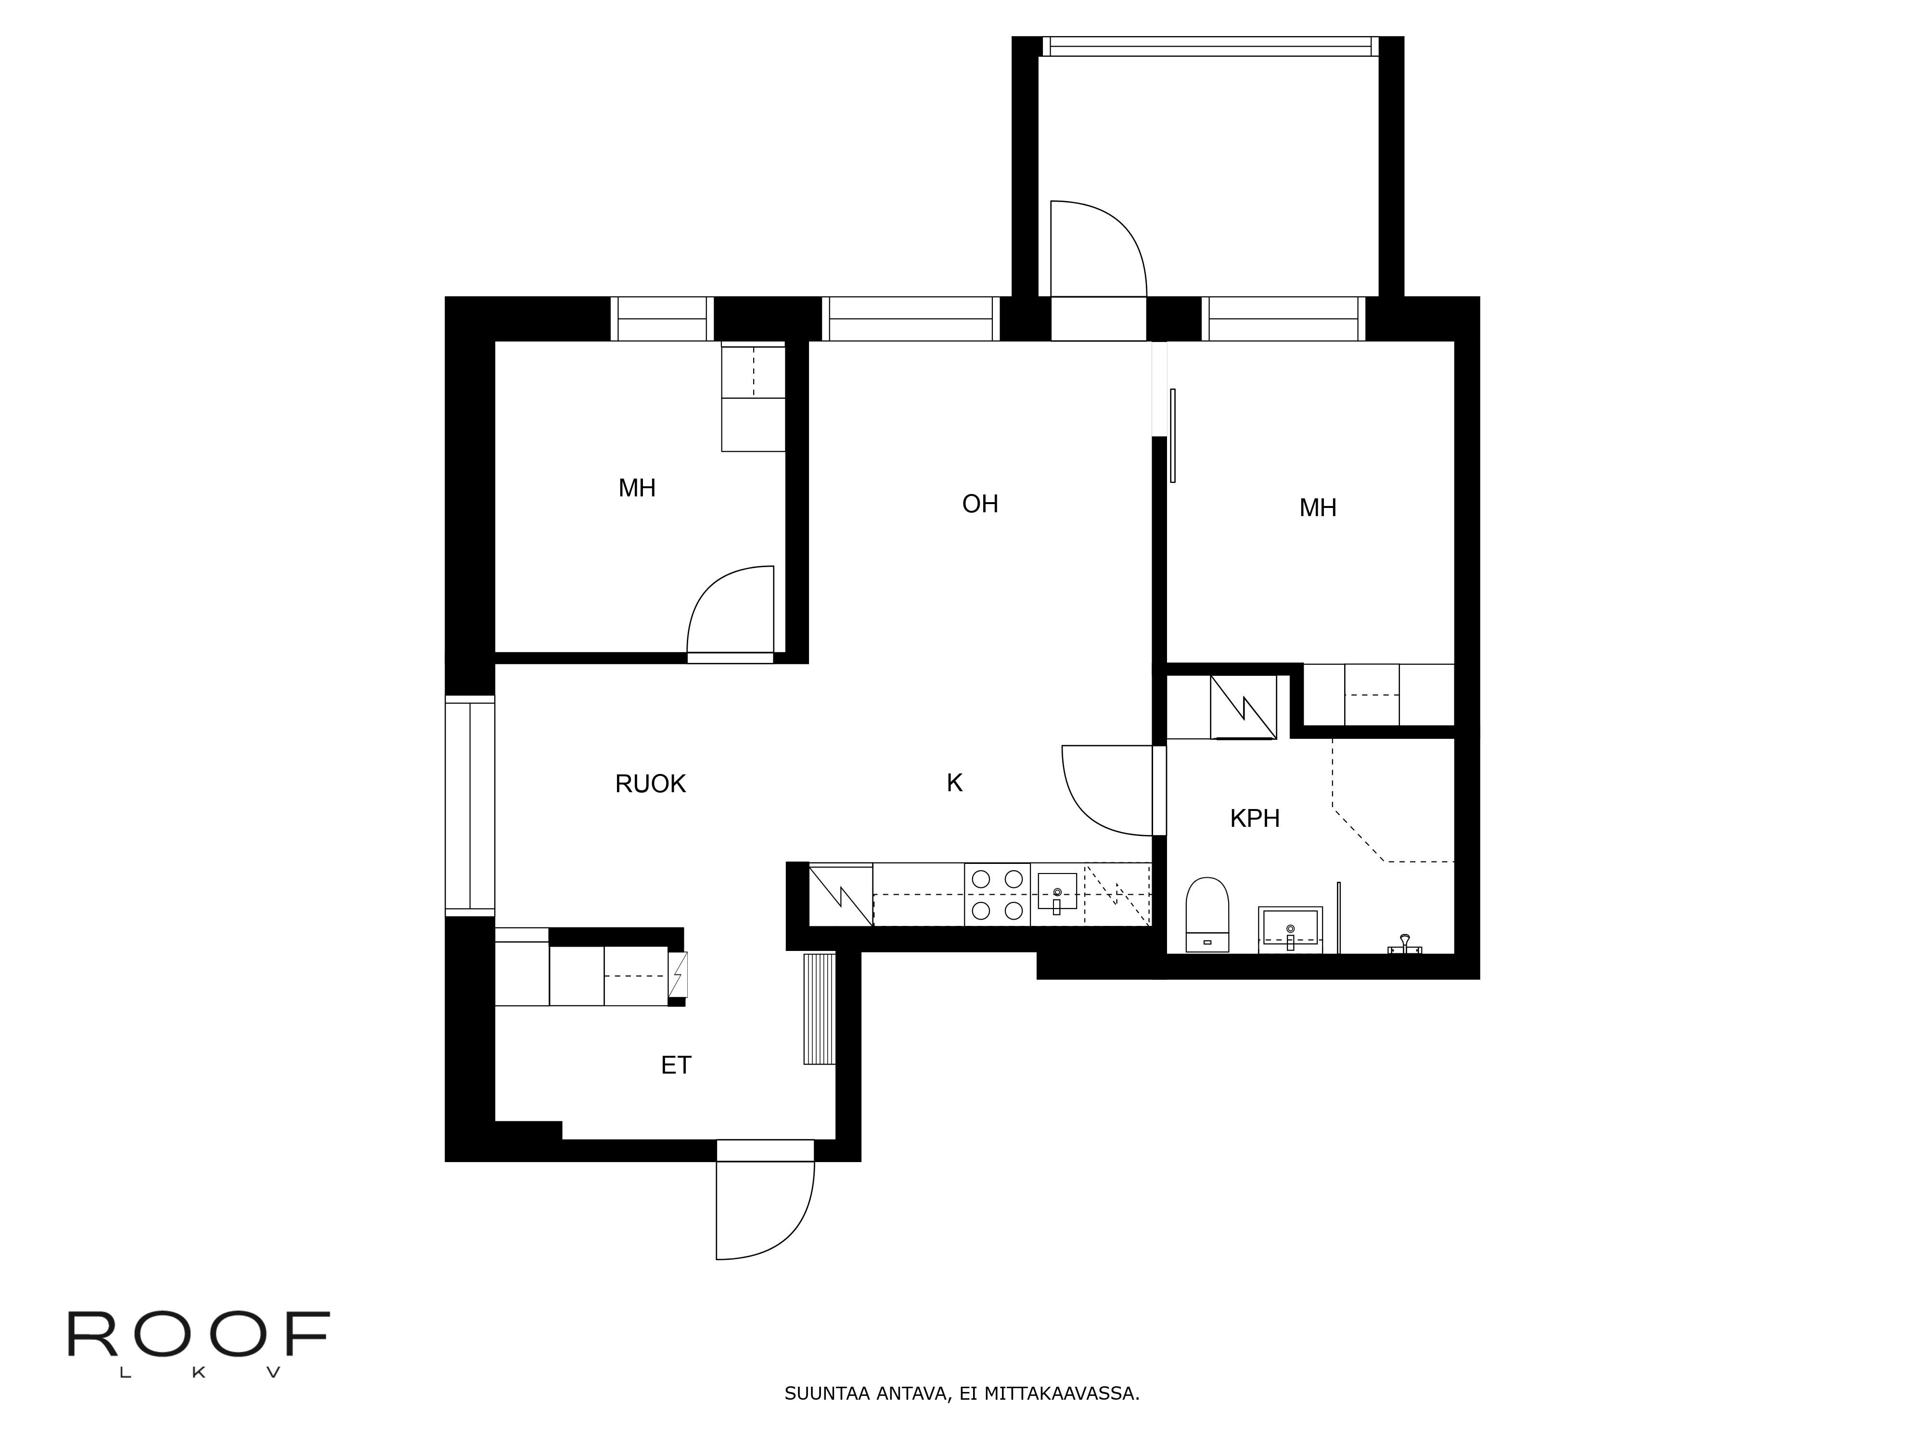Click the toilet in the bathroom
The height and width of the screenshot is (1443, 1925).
tap(1207, 914)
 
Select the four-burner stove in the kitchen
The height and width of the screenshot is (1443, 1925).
tap(997, 894)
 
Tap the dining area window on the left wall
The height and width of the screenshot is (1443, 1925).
tap(470, 806)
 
